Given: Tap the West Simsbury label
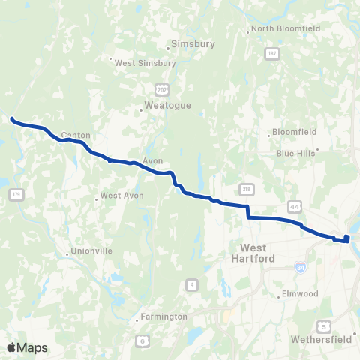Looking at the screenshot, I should click(x=145, y=63).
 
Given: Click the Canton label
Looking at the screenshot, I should click(x=76, y=136).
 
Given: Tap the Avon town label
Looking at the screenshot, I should click(x=152, y=160).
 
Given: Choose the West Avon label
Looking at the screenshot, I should click(x=121, y=196).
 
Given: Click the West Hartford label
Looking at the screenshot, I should click(x=257, y=253).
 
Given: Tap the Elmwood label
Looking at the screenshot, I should click(x=301, y=293).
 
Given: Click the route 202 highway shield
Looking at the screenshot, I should click(x=161, y=88).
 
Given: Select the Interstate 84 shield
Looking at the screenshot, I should click(x=301, y=265).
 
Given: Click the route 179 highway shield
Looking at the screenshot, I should click(x=16, y=195).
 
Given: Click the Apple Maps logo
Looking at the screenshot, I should click(x=27, y=347).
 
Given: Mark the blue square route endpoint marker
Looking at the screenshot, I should click(x=346, y=239).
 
